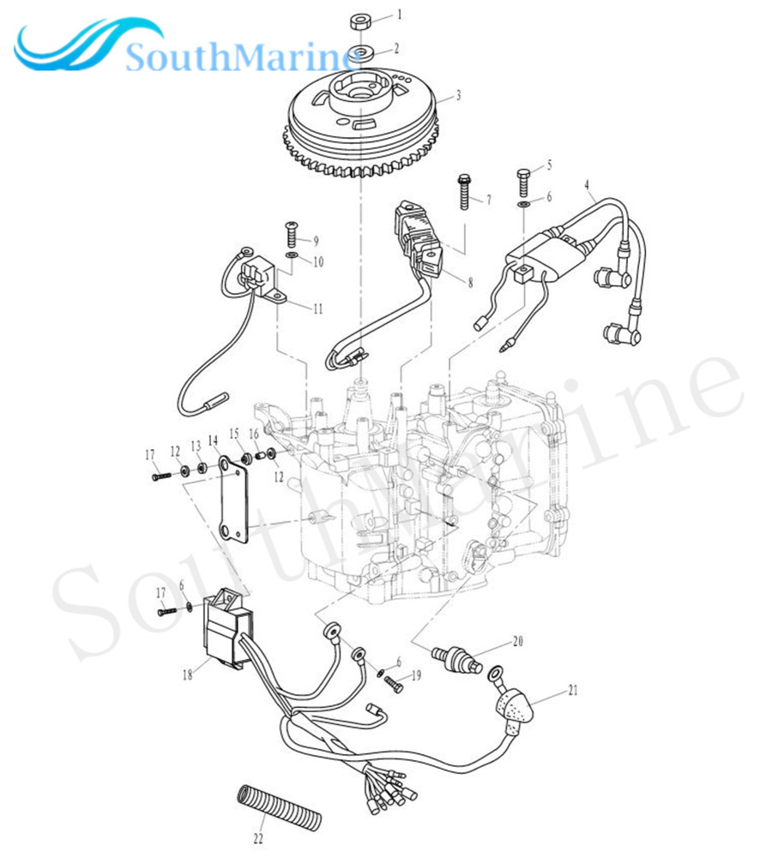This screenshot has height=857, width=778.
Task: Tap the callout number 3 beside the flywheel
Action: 458,96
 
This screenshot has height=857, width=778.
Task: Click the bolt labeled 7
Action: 465,190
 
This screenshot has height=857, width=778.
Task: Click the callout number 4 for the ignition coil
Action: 588,184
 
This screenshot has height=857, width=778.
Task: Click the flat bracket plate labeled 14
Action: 231,500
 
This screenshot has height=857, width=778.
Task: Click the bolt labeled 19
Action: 392,683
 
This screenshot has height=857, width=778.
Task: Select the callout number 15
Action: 234,435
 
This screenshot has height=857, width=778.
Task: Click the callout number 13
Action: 195,446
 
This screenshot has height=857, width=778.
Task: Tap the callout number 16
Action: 254,435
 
